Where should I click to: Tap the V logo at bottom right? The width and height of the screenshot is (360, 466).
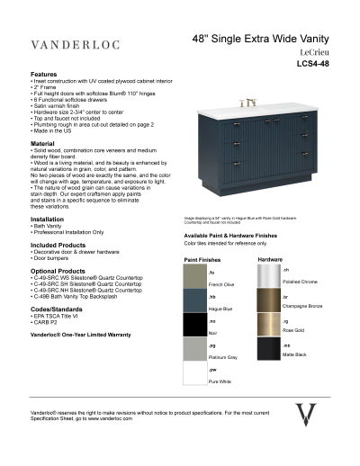307,416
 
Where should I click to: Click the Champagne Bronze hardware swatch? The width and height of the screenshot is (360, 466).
269,300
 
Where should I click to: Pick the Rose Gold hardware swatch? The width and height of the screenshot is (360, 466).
269,325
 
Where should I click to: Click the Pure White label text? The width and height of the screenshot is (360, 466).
219,381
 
